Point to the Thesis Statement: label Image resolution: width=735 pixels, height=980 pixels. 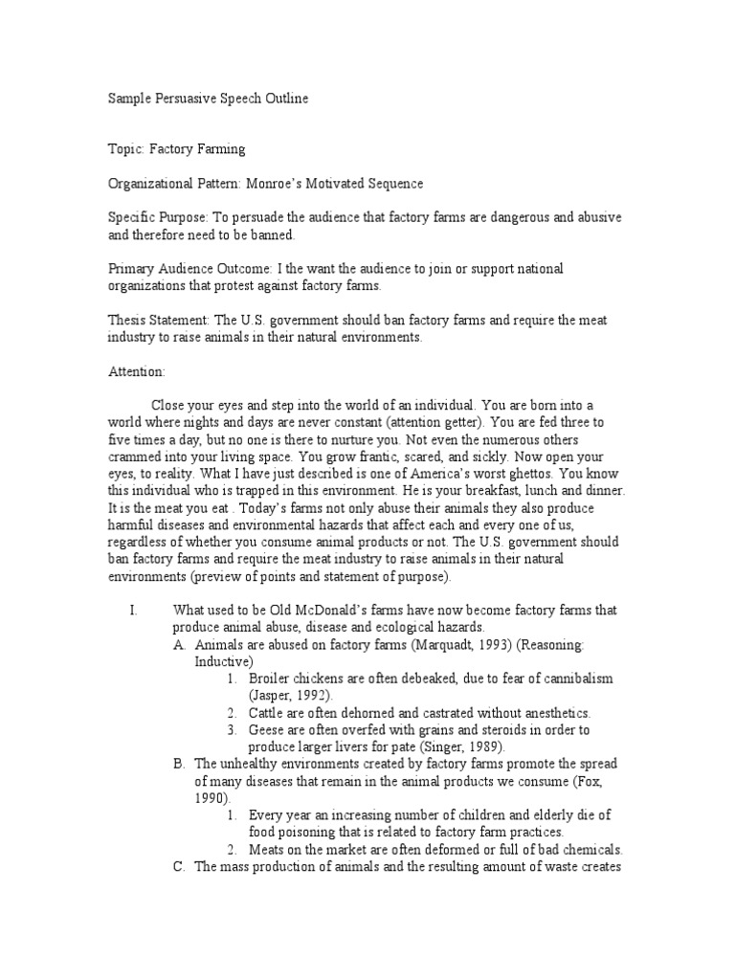[x=154, y=321]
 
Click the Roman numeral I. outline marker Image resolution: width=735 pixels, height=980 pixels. [x=134, y=611]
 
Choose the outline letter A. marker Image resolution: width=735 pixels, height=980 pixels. [x=180, y=645]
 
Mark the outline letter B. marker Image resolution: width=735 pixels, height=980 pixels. [x=180, y=765]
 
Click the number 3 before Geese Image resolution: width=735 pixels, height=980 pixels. [x=233, y=730]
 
